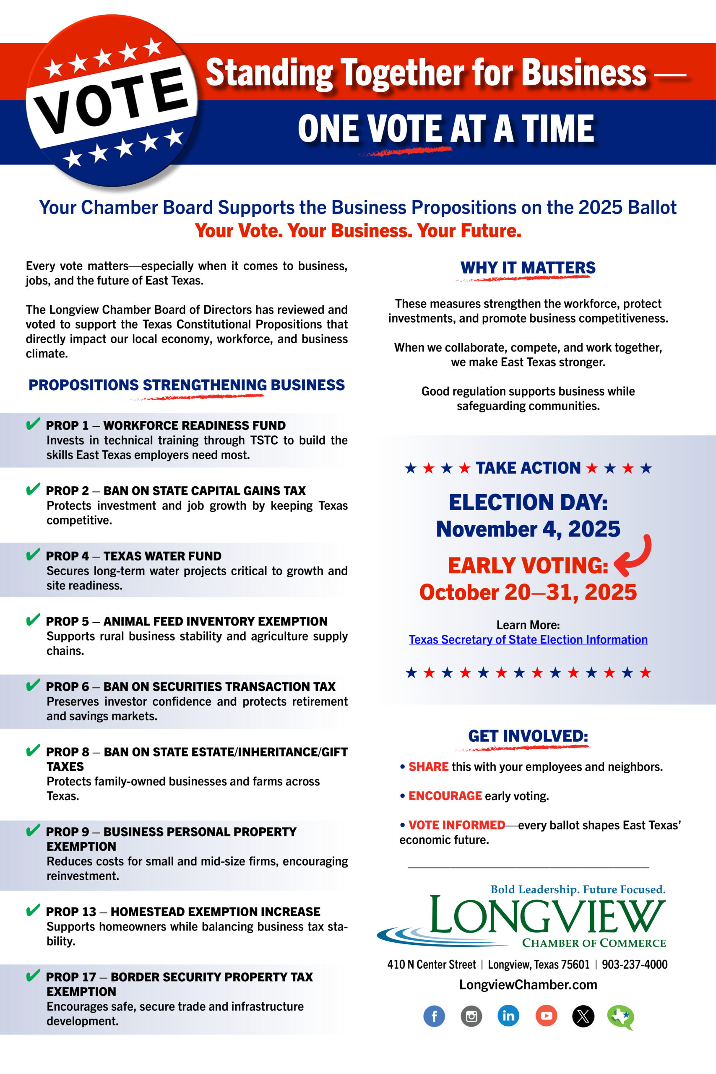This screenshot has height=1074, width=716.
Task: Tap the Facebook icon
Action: click(x=434, y=1016)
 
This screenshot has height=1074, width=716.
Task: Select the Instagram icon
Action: click(x=471, y=1016)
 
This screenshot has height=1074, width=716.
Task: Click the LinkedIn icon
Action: click(x=508, y=1016)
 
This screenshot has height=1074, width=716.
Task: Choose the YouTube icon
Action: click(x=546, y=1016)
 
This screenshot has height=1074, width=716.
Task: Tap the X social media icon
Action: click(x=583, y=1016)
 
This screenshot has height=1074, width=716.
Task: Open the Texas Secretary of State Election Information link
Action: click(x=528, y=640)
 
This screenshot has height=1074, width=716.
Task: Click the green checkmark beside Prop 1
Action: click(x=33, y=424)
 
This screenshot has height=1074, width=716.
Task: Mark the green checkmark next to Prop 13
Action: click(x=33, y=910)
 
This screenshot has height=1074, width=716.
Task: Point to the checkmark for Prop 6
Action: click(x=33, y=686)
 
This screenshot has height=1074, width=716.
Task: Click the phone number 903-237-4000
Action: click(x=634, y=965)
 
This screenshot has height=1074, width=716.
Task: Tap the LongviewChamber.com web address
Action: click(x=528, y=985)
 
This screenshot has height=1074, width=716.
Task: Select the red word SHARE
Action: click(x=428, y=766)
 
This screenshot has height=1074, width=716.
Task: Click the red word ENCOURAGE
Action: click(x=445, y=796)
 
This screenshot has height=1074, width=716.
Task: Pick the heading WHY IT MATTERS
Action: click(x=528, y=268)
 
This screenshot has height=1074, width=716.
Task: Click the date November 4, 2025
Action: click(x=528, y=529)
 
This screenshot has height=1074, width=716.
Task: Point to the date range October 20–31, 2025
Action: click(x=528, y=592)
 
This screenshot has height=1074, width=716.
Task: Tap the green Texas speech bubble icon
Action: click(x=620, y=1017)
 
